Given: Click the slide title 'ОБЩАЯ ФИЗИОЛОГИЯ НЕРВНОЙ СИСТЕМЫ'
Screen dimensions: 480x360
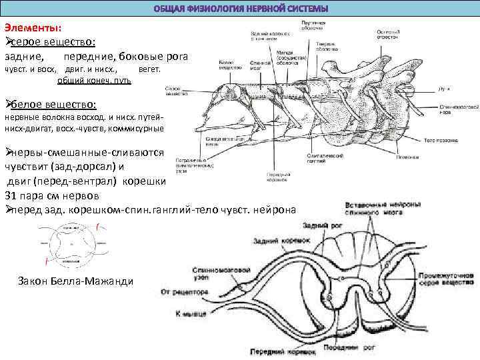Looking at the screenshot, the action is point(241,9).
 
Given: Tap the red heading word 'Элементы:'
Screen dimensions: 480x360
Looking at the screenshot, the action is point(33,27).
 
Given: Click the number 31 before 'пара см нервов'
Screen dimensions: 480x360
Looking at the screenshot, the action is point(11,195).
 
